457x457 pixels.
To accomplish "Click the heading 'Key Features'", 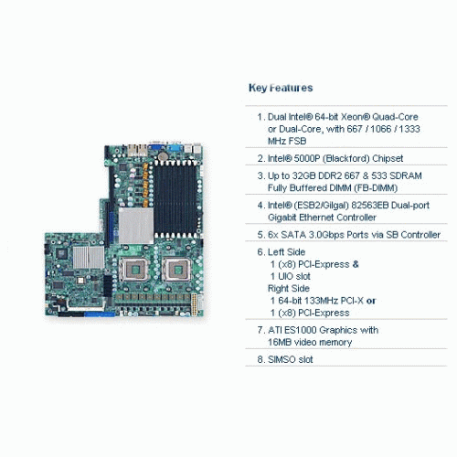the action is (281, 88).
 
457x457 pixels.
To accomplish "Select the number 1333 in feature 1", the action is (409, 129).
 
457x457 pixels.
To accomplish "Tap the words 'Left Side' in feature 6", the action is (286, 252).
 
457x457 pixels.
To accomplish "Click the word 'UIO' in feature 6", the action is (285, 276).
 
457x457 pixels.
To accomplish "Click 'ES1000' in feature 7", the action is (301, 330).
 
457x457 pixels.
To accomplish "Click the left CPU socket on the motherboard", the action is (134, 270).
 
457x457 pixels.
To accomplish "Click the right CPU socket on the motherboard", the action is (176, 270).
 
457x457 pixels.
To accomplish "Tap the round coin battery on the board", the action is (163, 156).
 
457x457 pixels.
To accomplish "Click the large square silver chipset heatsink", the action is (136, 226).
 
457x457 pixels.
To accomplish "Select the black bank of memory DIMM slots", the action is (175, 199).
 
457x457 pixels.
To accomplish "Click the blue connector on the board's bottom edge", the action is (100, 314).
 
